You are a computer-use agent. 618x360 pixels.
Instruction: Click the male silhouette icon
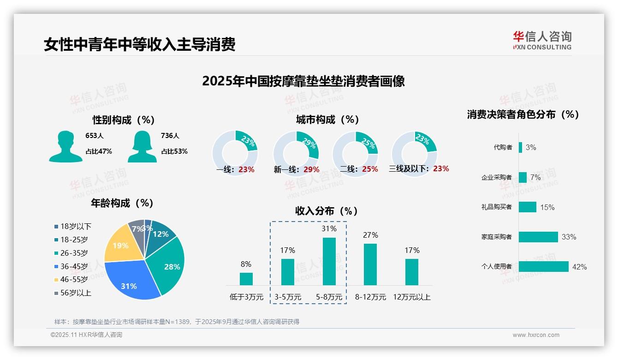65,146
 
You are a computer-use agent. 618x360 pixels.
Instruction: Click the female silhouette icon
142,146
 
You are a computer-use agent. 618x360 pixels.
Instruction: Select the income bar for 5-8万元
329,261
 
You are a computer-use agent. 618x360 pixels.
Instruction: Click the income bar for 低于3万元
246,279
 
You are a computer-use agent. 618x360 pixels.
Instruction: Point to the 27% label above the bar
370,235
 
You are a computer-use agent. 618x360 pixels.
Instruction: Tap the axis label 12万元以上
411,297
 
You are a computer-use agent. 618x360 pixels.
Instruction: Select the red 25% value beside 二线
370,169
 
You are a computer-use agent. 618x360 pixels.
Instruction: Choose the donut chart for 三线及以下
414,148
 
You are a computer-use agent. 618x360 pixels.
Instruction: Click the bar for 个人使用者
543,266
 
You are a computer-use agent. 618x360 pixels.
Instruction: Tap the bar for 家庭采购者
538,237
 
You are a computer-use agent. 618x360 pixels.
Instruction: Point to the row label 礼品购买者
496,207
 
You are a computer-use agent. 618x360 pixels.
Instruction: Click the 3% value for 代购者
531,148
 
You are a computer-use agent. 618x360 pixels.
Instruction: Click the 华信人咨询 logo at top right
542,40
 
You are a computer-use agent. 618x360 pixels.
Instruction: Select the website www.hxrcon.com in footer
536,335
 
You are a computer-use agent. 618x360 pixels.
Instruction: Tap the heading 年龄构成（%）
122,203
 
